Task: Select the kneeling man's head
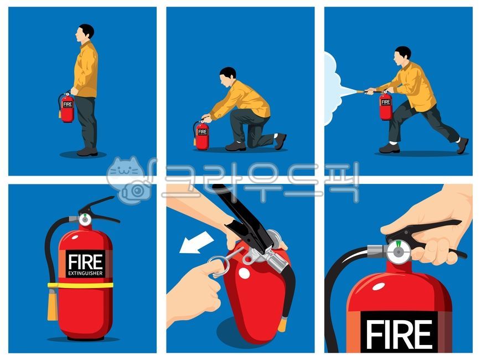coord(227,76)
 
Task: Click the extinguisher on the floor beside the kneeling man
coord(201,135)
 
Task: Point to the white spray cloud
coord(332,89)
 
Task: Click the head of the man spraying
coord(402,55)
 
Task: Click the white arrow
coord(196,242)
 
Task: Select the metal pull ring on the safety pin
coord(219,267)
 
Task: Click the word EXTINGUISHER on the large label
coord(85,273)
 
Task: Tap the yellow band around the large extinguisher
coord(80,285)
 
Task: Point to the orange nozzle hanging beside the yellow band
coord(53,304)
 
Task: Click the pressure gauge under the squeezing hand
coord(398,252)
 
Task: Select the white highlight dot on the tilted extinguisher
coord(244,274)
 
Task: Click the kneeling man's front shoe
coord(235,146)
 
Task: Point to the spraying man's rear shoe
coord(462,145)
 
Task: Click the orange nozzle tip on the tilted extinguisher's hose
coord(282,325)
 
